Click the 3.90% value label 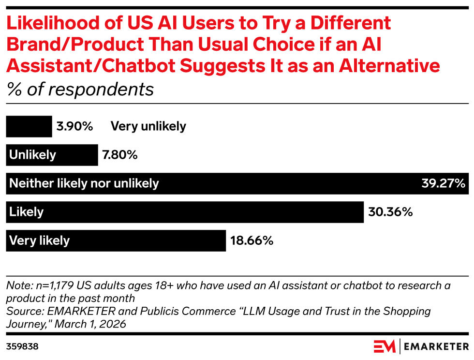(x=75, y=127)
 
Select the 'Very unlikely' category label (x=148, y=127)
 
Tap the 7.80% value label (x=120, y=155)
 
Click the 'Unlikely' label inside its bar (x=32, y=155)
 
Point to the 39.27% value (x=442, y=183)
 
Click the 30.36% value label (x=390, y=212)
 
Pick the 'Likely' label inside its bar (x=27, y=212)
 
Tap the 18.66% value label (x=252, y=240)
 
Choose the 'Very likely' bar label (x=40, y=240)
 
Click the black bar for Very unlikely (x=29, y=127)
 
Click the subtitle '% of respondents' (x=80, y=90)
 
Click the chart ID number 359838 (x=22, y=347)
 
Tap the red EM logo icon (x=385, y=346)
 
